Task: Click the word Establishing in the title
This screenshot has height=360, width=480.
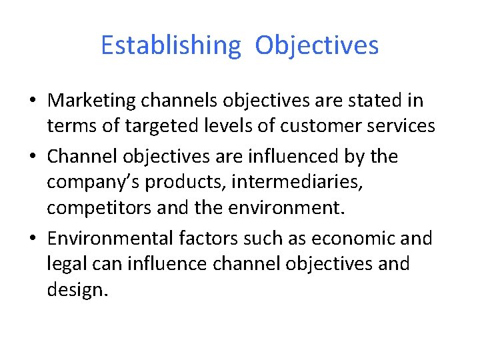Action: coord(170,45)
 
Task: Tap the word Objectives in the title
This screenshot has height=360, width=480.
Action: coord(317,45)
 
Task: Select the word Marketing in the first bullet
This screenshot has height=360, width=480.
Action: coord(90,101)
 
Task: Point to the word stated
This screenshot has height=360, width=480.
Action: coord(377,101)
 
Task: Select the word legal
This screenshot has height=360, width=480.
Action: coord(62,265)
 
